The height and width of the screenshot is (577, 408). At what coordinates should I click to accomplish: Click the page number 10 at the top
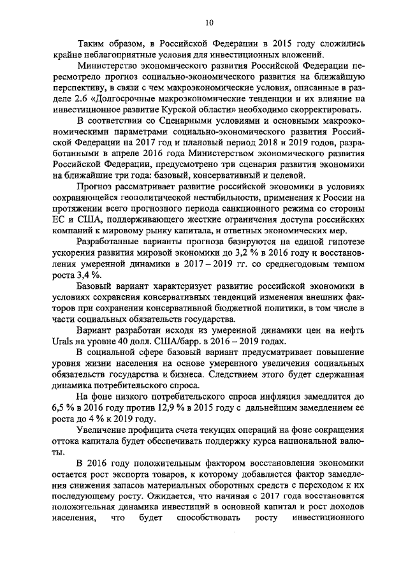(x=209, y=23)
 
